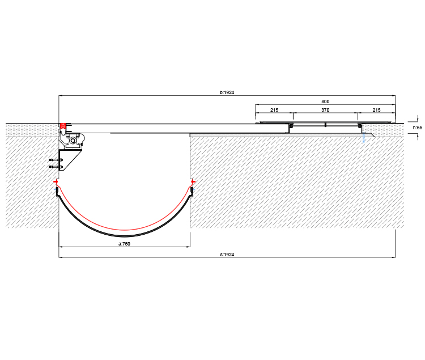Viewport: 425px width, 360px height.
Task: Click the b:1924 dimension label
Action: [x=227, y=92]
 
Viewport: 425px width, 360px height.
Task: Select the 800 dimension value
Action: [x=325, y=101]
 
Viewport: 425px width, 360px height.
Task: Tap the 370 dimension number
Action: [x=325, y=110]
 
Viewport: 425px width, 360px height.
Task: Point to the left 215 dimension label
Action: [x=274, y=110]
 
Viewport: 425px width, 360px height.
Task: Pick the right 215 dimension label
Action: [x=376, y=110]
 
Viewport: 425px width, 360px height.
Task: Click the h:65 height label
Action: [x=418, y=128]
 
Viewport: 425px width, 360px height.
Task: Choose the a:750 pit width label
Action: [x=125, y=244]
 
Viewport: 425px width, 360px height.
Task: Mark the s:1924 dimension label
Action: [x=227, y=255]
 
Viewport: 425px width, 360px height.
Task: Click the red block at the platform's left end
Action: [x=63, y=126]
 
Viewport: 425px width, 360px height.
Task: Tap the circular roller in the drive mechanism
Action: [x=73, y=141]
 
